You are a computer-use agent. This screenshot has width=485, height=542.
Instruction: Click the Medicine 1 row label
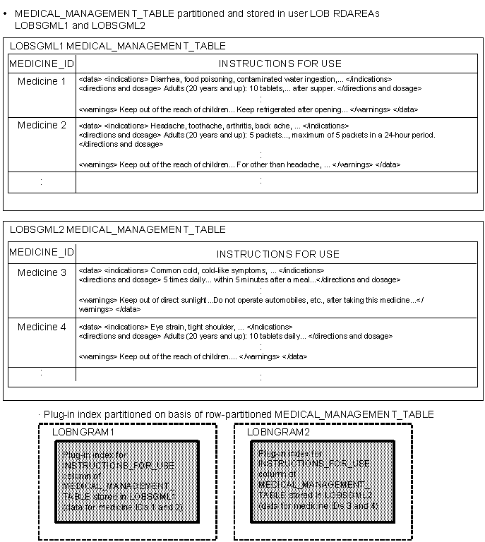(x=42, y=82)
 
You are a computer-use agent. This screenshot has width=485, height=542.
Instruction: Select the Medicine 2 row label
(x=42, y=126)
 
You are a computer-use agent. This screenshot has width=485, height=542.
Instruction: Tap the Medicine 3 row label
(x=42, y=273)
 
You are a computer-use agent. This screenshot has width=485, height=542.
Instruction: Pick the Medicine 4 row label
(x=42, y=327)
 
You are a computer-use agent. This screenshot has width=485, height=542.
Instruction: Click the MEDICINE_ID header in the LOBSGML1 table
(x=41, y=64)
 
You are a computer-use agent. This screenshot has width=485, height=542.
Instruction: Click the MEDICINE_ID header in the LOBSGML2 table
(x=41, y=253)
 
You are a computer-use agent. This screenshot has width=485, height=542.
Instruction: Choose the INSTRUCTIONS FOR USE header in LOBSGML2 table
(x=277, y=254)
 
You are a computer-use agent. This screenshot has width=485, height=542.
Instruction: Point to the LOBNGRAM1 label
(x=83, y=431)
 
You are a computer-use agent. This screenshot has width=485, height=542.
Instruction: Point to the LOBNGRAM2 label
(x=278, y=431)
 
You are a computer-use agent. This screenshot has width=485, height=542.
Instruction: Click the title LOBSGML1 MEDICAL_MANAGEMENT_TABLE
(x=118, y=46)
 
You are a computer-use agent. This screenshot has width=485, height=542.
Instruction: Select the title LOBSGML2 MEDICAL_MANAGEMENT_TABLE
(x=118, y=229)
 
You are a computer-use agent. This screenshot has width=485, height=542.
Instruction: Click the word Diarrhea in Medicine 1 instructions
(x=164, y=80)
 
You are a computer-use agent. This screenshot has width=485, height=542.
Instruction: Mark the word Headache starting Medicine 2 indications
(x=166, y=126)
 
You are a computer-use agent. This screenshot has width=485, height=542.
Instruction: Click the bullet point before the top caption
(x=6, y=13)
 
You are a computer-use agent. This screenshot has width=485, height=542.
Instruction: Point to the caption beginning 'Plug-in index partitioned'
(x=239, y=414)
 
